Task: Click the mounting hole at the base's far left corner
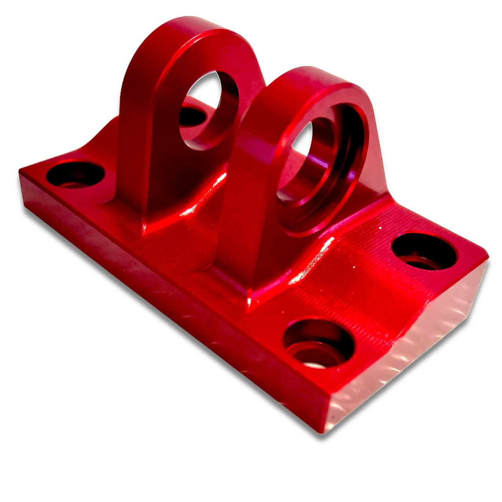pyautogui.click(x=75, y=175)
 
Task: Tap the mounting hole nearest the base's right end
pyautogui.click(x=424, y=251)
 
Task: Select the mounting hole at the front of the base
pyautogui.click(x=318, y=343)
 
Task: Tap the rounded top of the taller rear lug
pyautogui.click(x=192, y=27)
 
